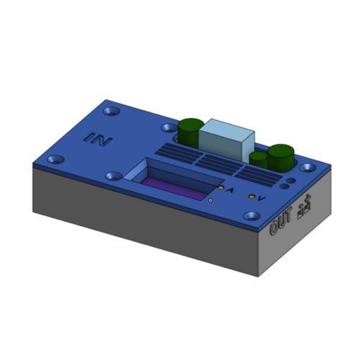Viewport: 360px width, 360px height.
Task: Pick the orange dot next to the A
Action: (220, 187)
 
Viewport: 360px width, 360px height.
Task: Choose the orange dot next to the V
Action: (251, 195)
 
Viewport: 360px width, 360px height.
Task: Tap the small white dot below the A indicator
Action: (210, 202)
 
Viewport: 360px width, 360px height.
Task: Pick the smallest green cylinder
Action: (258, 158)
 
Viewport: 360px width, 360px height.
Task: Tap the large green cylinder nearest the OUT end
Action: (280, 156)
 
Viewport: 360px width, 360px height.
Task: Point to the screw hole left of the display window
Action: (114, 175)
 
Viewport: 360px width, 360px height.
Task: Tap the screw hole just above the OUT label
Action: (251, 215)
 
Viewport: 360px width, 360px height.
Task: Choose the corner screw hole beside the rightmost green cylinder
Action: (308, 167)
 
